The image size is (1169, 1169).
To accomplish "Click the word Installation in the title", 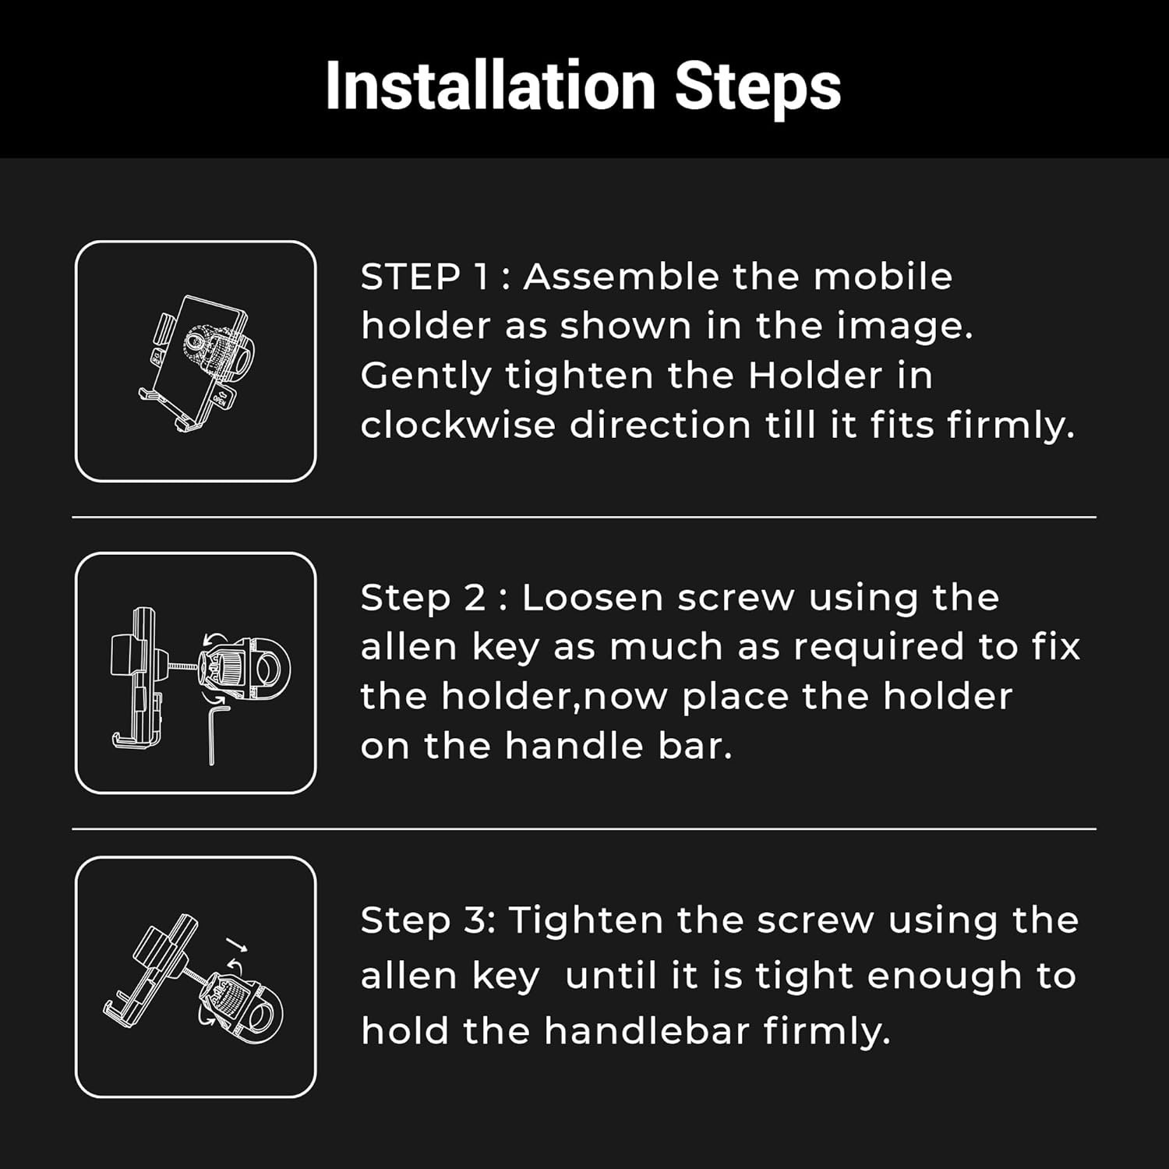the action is pos(490,85).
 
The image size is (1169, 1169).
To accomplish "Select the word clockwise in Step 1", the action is pos(457,425).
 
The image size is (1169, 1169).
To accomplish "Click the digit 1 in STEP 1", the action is pos(481,277).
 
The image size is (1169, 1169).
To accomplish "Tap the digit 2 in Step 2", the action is pos(475,598).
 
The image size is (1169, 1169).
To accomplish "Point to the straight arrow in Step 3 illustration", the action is pos(238,945).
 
